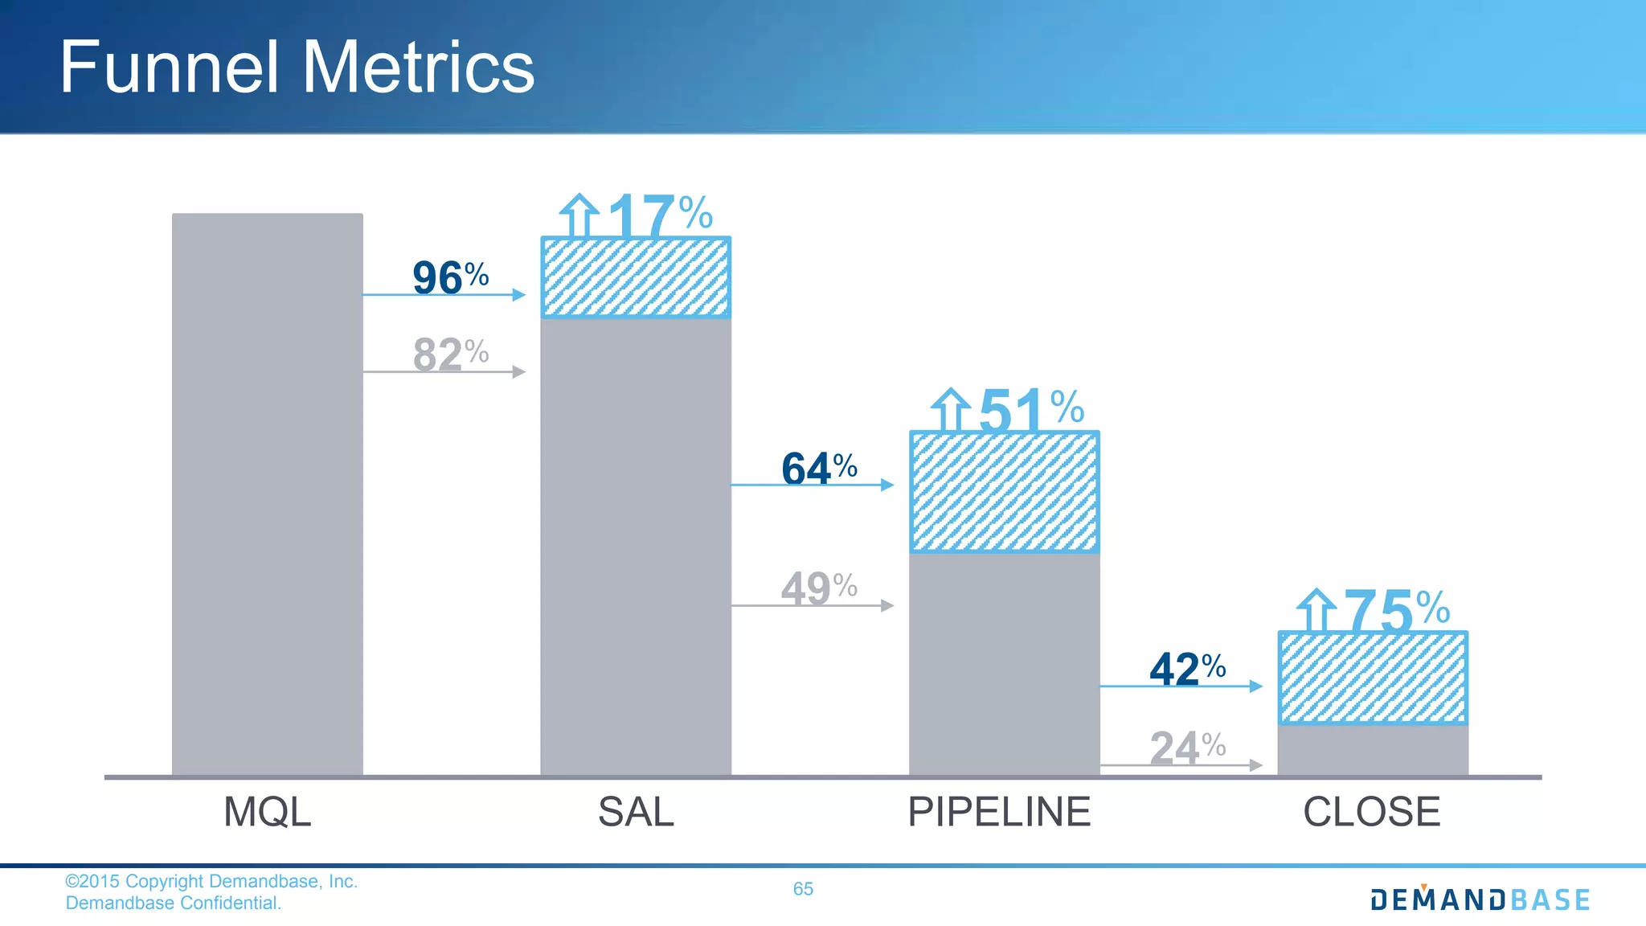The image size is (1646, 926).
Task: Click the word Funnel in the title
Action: (x=169, y=68)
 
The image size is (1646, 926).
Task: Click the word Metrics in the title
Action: (x=418, y=68)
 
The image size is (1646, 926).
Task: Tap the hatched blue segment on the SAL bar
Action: (x=635, y=278)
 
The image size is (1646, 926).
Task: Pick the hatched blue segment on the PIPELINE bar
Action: (x=1004, y=492)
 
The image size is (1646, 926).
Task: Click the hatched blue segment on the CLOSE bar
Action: (x=1373, y=678)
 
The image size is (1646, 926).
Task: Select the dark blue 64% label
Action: (x=818, y=469)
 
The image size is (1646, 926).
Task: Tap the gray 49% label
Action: (x=818, y=588)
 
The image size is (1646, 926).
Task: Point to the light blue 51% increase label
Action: (x=1030, y=410)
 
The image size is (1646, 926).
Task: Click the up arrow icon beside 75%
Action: (x=1316, y=611)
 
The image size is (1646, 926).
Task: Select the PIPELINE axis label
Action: (x=999, y=812)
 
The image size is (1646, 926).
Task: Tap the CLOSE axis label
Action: (x=1371, y=812)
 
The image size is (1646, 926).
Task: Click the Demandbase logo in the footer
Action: (x=1480, y=899)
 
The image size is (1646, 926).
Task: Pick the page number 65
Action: (x=803, y=888)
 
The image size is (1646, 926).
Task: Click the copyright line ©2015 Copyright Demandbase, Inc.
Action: (x=211, y=881)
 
